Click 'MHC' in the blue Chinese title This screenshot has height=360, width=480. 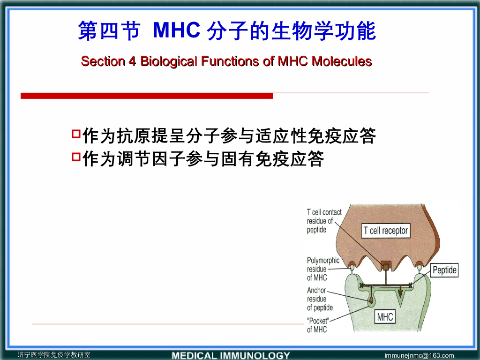177,30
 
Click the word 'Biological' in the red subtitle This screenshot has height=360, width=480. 169,61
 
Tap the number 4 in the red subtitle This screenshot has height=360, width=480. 132,61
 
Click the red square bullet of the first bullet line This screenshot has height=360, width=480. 76,134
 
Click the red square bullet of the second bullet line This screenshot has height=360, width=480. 76,157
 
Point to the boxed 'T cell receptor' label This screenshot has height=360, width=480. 386,231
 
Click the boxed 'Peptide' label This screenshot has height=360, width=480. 444,270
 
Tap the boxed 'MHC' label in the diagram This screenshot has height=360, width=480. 385,317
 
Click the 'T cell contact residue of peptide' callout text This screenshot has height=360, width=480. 324,221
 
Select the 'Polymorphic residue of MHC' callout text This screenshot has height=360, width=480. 323,269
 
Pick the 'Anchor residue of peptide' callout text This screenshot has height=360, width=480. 320,299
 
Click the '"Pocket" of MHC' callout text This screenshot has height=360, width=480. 318,325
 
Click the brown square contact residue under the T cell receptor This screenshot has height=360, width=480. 386,266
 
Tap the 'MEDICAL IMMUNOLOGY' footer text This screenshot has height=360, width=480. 231,355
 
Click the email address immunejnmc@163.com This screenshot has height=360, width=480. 419,355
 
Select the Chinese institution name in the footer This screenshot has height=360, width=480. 54,355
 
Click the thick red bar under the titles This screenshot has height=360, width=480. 147,96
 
